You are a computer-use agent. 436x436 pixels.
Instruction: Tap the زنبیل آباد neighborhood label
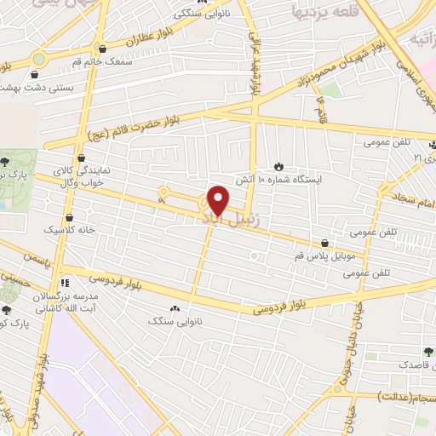tap(223, 220)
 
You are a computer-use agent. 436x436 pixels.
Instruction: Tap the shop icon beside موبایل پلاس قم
tap(324, 244)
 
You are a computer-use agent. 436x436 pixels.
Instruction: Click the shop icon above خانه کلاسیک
tap(67, 216)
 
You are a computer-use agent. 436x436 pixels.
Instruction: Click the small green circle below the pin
tap(253, 255)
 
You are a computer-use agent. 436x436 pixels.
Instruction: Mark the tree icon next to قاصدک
tap(427, 351)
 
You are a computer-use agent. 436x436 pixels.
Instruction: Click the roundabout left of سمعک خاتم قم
tap(38, 59)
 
